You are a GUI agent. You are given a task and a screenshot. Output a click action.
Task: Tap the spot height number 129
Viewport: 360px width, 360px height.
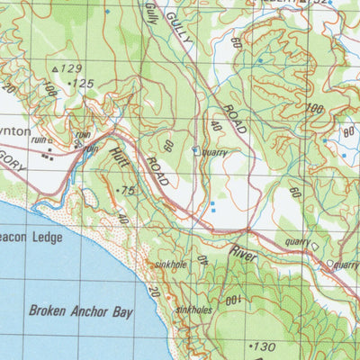coord(71,68)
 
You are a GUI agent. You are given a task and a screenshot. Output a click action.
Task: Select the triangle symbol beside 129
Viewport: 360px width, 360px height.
coord(56,68)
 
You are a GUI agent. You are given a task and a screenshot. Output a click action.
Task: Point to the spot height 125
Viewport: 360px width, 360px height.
coord(83,84)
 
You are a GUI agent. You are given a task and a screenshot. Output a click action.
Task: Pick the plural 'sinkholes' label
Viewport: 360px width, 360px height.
coord(194,309)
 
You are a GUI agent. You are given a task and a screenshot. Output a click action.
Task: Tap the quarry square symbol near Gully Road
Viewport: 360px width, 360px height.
coord(195,151)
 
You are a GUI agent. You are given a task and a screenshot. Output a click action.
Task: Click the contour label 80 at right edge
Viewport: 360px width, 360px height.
coord(349,135)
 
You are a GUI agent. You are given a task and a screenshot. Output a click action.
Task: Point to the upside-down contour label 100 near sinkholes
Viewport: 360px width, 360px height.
coord(233,298)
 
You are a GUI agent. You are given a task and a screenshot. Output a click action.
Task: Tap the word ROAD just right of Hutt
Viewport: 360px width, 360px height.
coord(158,170)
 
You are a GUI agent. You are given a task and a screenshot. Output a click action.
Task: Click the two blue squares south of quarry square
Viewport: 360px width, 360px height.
coord(212,208)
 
